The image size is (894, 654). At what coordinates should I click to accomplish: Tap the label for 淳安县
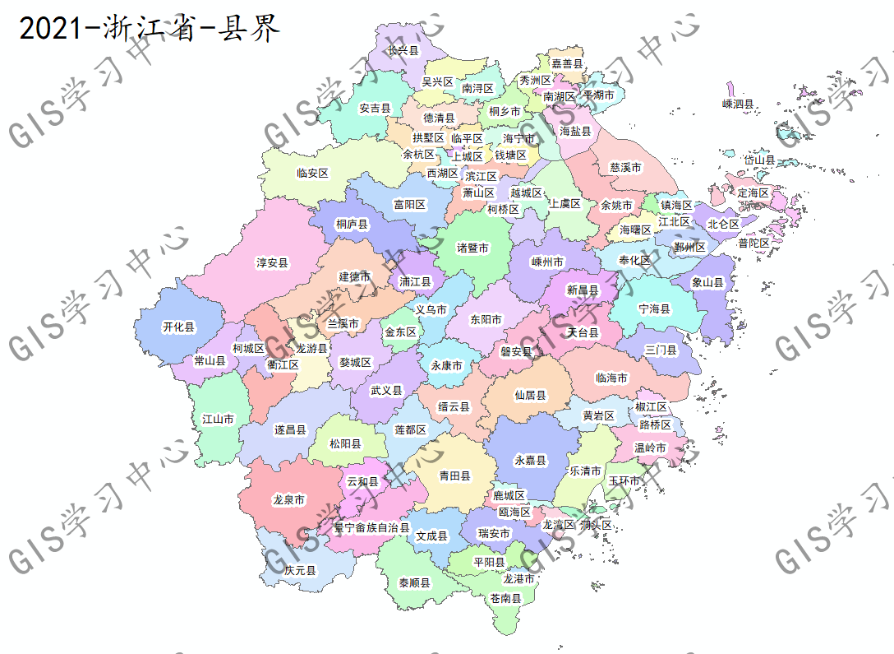pyautogui.click(x=272, y=263)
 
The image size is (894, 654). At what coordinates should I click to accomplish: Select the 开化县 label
pyautogui.click(x=179, y=327)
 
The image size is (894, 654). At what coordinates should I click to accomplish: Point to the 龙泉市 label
pyautogui.click(x=288, y=499)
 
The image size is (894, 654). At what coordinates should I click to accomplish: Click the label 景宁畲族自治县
pyautogui.click(x=371, y=527)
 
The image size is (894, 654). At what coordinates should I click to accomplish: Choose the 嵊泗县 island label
pyautogui.click(x=738, y=104)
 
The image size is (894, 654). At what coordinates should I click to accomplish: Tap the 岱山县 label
pyautogui.click(x=759, y=160)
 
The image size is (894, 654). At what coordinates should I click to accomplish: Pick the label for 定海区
pyautogui.click(x=753, y=192)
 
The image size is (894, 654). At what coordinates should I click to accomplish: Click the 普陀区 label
pyautogui.click(x=753, y=243)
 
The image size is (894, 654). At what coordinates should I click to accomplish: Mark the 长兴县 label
pyautogui.click(x=403, y=51)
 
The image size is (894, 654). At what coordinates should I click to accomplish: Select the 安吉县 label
pyautogui.click(x=375, y=108)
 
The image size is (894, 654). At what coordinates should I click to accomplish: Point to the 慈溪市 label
pyautogui.click(x=625, y=167)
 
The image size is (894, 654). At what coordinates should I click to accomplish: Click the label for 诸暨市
pyautogui.click(x=472, y=248)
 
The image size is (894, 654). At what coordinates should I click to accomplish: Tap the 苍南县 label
pyautogui.click(x=505, y=598)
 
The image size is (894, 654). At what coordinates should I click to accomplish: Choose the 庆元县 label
pyautogui.click(x=300, y=569)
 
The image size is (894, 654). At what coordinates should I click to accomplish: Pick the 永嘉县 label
pyautogui.click(x=530, y=461)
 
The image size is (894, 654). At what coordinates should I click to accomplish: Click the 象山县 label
pyautogui.click(x=707, y=282)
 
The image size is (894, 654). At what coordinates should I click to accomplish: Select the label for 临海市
pyautogui.click(x=611, y=378)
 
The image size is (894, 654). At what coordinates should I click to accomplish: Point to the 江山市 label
pyautogui.click(x=218, y=419)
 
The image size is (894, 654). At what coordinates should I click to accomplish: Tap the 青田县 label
pyautogui.click(x=454, y=475)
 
